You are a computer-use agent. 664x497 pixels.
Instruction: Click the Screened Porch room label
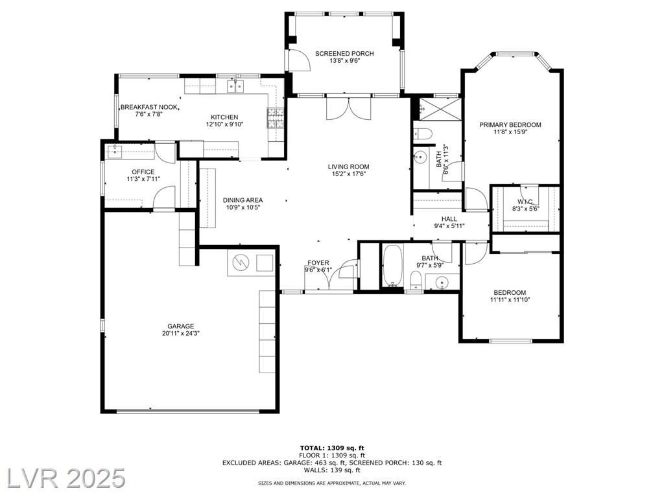(344, 53)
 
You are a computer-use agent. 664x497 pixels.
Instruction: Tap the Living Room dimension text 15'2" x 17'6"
(348, 174)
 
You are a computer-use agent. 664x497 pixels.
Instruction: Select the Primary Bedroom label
(510, 124)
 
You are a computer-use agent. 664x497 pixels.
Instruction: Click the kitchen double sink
(235, 86)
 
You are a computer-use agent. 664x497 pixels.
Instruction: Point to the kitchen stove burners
(275, 118)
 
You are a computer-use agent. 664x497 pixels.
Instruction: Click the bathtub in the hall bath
(392, 266)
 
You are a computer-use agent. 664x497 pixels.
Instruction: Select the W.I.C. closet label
(525, 202)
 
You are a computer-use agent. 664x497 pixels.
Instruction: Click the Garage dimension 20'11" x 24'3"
(181, 333)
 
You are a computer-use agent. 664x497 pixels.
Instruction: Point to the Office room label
(143, 172)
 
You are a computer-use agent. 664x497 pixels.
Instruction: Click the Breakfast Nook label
(150, 107)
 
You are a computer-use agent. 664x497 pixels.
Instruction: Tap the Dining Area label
(243, 200)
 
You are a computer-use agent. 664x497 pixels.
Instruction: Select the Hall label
(449, 219)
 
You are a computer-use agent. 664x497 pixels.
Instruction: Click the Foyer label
(318, 263)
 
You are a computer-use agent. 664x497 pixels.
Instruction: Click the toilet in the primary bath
(422, 133)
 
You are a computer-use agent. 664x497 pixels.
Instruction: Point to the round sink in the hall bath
(442, 282)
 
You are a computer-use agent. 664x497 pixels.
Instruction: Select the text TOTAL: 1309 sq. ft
(332, 448)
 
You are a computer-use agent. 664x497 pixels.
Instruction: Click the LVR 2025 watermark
(63, 478)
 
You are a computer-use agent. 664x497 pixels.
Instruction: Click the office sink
(114, 150)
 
